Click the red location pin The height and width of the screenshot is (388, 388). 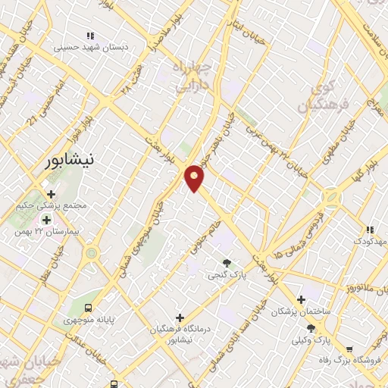195,177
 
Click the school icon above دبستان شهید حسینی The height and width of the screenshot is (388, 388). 90,35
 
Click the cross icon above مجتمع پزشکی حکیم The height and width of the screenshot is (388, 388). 51,194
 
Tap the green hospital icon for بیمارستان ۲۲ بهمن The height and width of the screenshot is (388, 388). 46,220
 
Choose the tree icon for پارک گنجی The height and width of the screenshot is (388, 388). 227,261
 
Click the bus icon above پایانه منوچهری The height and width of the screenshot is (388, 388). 89,308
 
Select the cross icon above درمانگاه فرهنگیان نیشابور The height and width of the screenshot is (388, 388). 180,317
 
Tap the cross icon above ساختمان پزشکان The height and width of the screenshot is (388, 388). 302,300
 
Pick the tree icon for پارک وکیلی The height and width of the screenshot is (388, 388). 311,328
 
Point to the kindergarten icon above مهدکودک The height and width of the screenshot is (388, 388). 369,229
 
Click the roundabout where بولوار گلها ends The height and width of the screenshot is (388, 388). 330,199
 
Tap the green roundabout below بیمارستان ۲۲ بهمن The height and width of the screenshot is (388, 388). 91,252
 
